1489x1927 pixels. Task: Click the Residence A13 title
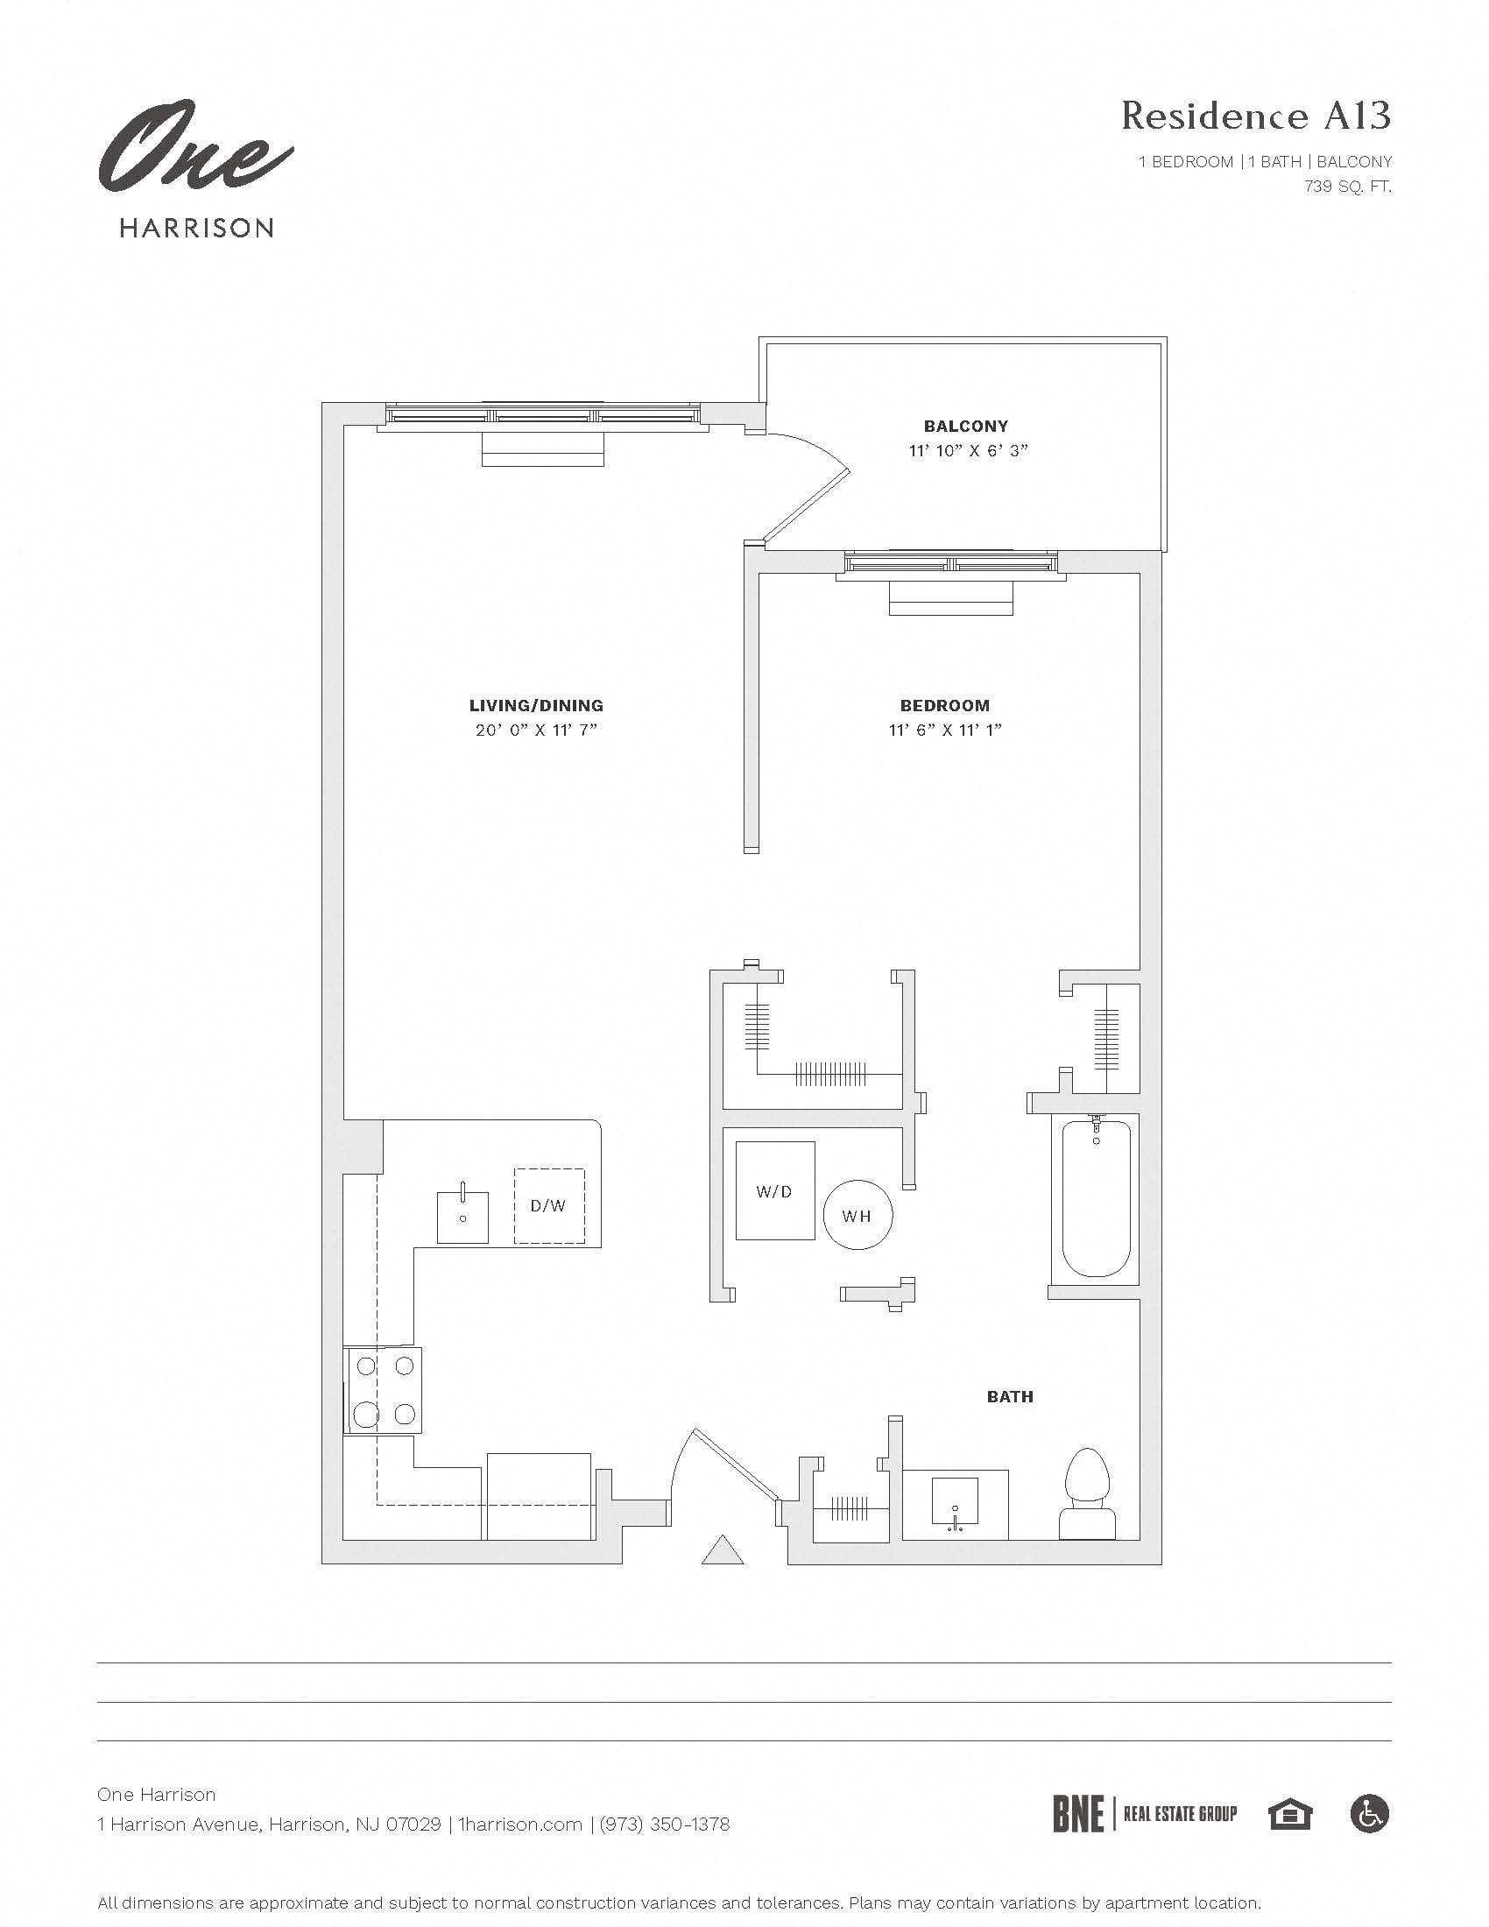tap(1255, 116)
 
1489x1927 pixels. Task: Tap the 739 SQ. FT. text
tap(1347, 187)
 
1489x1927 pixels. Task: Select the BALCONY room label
tap(966, 426)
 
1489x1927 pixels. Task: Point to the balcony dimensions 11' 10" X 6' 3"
tap(969, 451)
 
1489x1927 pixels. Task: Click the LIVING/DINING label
tap(535, 705)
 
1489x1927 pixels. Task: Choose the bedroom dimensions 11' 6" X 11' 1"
tap(945, 730)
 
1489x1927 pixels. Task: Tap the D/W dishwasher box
tap(548, 1205)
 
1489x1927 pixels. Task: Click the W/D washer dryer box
tap(774, 1191)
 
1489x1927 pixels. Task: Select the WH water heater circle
tap(857, 1216)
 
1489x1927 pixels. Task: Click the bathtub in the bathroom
tap(1096, 1198)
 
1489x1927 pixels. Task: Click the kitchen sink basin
tap(462, 1218)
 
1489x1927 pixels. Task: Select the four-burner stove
tap(383, 1390)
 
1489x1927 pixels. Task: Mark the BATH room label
tap(1009, 1397)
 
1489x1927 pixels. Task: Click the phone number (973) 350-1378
tap(664, 1824)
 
